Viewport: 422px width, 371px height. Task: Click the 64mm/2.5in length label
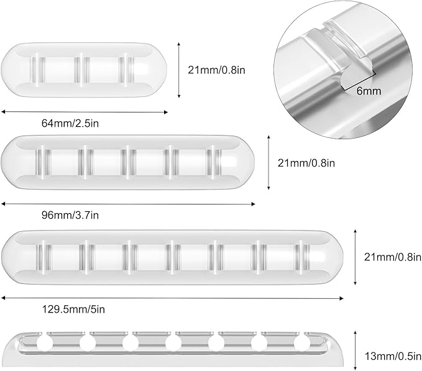click(70, 123)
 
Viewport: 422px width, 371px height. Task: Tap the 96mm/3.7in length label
click(70, 215)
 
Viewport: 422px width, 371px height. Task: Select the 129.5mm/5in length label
click(73, 309)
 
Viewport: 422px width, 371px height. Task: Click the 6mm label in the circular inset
click(369, 91)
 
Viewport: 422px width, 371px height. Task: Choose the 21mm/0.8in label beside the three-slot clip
click(217, 70)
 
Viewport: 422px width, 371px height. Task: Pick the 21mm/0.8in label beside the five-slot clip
click(306, 163)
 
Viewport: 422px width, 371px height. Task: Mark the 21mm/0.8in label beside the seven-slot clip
click(393, 257)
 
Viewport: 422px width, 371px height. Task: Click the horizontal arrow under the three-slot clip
click(85, 112)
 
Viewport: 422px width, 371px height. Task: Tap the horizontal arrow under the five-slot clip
click(128, 204)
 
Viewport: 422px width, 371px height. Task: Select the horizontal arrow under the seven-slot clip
click(172, 298)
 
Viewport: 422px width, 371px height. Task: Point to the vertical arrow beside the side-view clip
click(355, 351)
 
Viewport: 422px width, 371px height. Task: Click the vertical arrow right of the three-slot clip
click(179, 70)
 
